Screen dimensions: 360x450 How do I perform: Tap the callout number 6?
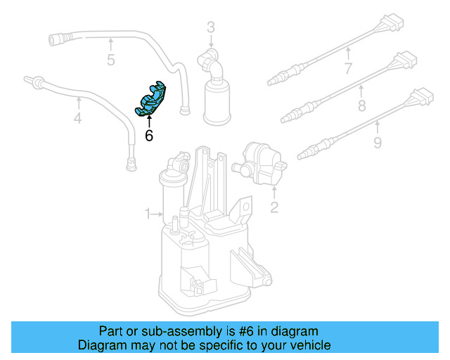pyautogui.click(x=148, y=136)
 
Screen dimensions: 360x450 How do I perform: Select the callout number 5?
pyautogui.click(x=110, y=60)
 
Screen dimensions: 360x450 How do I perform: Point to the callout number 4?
pyautogui.click(x=77, y=119)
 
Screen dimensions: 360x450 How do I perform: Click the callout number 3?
pyautogui.click(x=210, y=28)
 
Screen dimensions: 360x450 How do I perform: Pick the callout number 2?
pyautogui.click(x=274, y=207)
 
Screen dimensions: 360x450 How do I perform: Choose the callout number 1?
pyautogui.click(x=148, y=213)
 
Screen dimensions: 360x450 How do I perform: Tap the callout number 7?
pyautogui.click(x=347, y=68)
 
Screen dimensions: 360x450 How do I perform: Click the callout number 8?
pyautogui.click(x=362, y=106)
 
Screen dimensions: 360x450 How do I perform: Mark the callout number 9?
pyautogui.click(x=377, y=143)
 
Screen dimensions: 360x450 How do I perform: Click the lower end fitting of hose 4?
pyautogui.click(x=130, y=165)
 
